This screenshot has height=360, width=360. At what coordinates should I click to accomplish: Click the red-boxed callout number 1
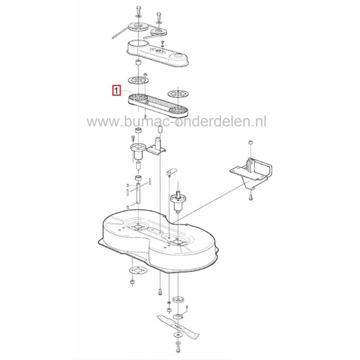tap(117, 92)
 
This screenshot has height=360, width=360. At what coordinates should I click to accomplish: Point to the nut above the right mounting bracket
tap(249, 141)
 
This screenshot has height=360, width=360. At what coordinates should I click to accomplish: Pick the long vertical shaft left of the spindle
tap(138, 195)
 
